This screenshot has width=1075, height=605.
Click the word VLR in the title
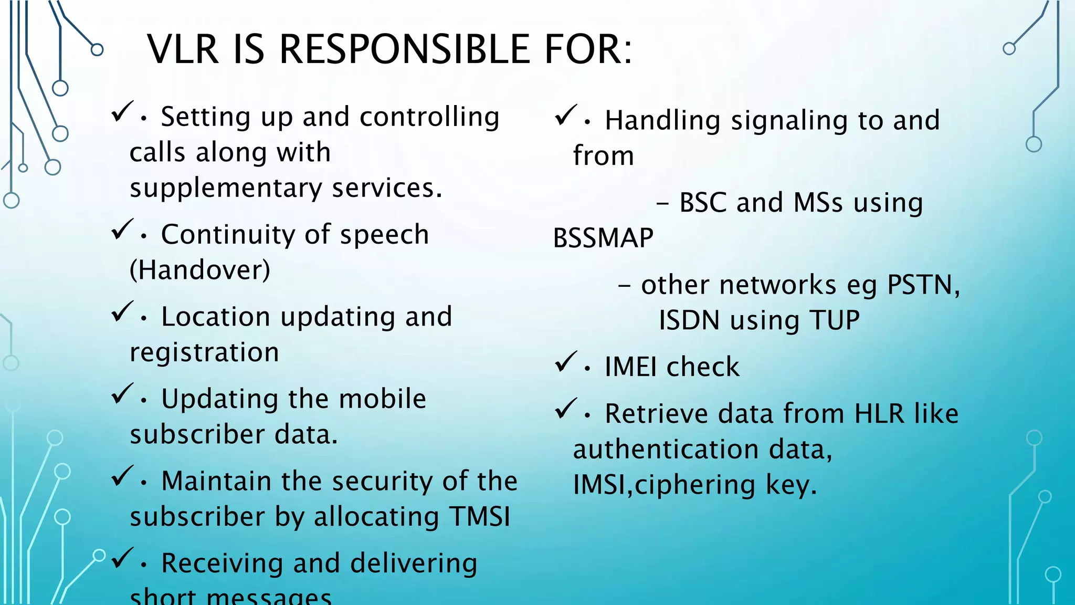tap(182, 49)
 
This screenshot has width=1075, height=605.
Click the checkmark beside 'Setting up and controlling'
tap(122, 112)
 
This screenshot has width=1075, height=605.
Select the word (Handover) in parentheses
tap(200, 270)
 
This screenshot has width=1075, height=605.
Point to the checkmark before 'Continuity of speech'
tap(122, 230)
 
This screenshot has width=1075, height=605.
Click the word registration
tap(204, 352)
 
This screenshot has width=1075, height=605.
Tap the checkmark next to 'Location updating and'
tap(122, 312)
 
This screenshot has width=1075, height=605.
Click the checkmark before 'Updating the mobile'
tap(122, 394)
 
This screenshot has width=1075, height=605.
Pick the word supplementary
tap(226, 188)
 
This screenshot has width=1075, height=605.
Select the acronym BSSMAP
tap(603, 238)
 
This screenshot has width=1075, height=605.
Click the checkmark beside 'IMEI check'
tap(566, 362)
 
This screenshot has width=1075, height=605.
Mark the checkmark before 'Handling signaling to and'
tap(566, 116)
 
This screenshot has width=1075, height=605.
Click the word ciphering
tap(695, 484)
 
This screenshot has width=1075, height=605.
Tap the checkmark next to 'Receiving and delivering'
tap(122, 558)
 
